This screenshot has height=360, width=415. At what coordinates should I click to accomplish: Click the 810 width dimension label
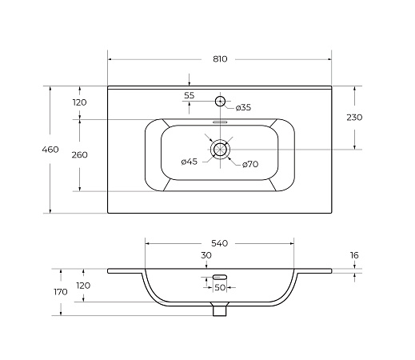click(220, 59)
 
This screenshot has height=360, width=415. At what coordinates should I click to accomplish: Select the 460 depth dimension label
click(50, 150)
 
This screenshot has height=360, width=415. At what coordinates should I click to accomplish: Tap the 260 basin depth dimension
click(79, 155)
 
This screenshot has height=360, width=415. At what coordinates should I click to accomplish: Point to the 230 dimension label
click(354, 118)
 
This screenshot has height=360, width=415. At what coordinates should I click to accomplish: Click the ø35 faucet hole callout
click(243, 107)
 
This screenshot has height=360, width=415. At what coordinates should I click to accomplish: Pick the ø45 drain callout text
click(190, 162)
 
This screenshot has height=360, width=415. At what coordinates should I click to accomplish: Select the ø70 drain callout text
click(250, 164)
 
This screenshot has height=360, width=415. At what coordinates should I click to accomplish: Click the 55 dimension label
click(190, 95)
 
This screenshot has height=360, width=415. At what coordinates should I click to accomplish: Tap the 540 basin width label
click(220, 243)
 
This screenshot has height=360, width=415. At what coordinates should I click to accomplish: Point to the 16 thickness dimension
click(354, 255)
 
